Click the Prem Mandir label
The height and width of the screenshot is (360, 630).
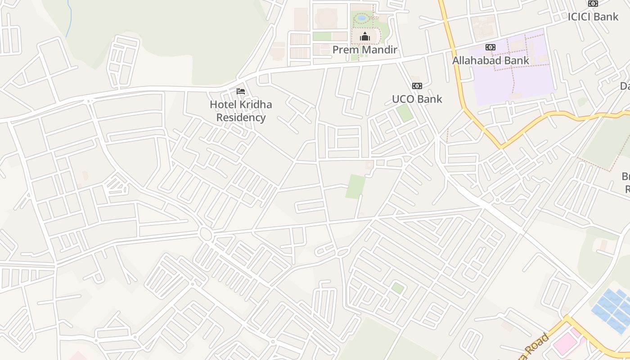pos(364,49)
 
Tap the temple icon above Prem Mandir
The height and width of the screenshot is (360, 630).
pos(365,36)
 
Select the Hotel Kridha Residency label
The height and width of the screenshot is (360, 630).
pos(241,111)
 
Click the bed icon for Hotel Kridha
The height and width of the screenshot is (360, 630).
pos(241,91)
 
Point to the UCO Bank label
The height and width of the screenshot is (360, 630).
pos(417,99)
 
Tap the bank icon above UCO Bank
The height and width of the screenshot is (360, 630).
pos(417,86)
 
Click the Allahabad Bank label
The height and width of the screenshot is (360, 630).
pos(490,60)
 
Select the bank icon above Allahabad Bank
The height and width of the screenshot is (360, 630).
pos(490,47)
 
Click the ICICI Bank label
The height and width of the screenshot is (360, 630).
pos(593,17)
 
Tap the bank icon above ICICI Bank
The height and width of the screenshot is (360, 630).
pos(593,4)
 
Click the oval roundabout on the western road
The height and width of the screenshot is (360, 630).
pos(206,234)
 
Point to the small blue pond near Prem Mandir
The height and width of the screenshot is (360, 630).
pos(362,18)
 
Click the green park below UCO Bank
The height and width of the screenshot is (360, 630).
pos(405,112)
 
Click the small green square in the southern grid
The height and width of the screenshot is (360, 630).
pos(397,288)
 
